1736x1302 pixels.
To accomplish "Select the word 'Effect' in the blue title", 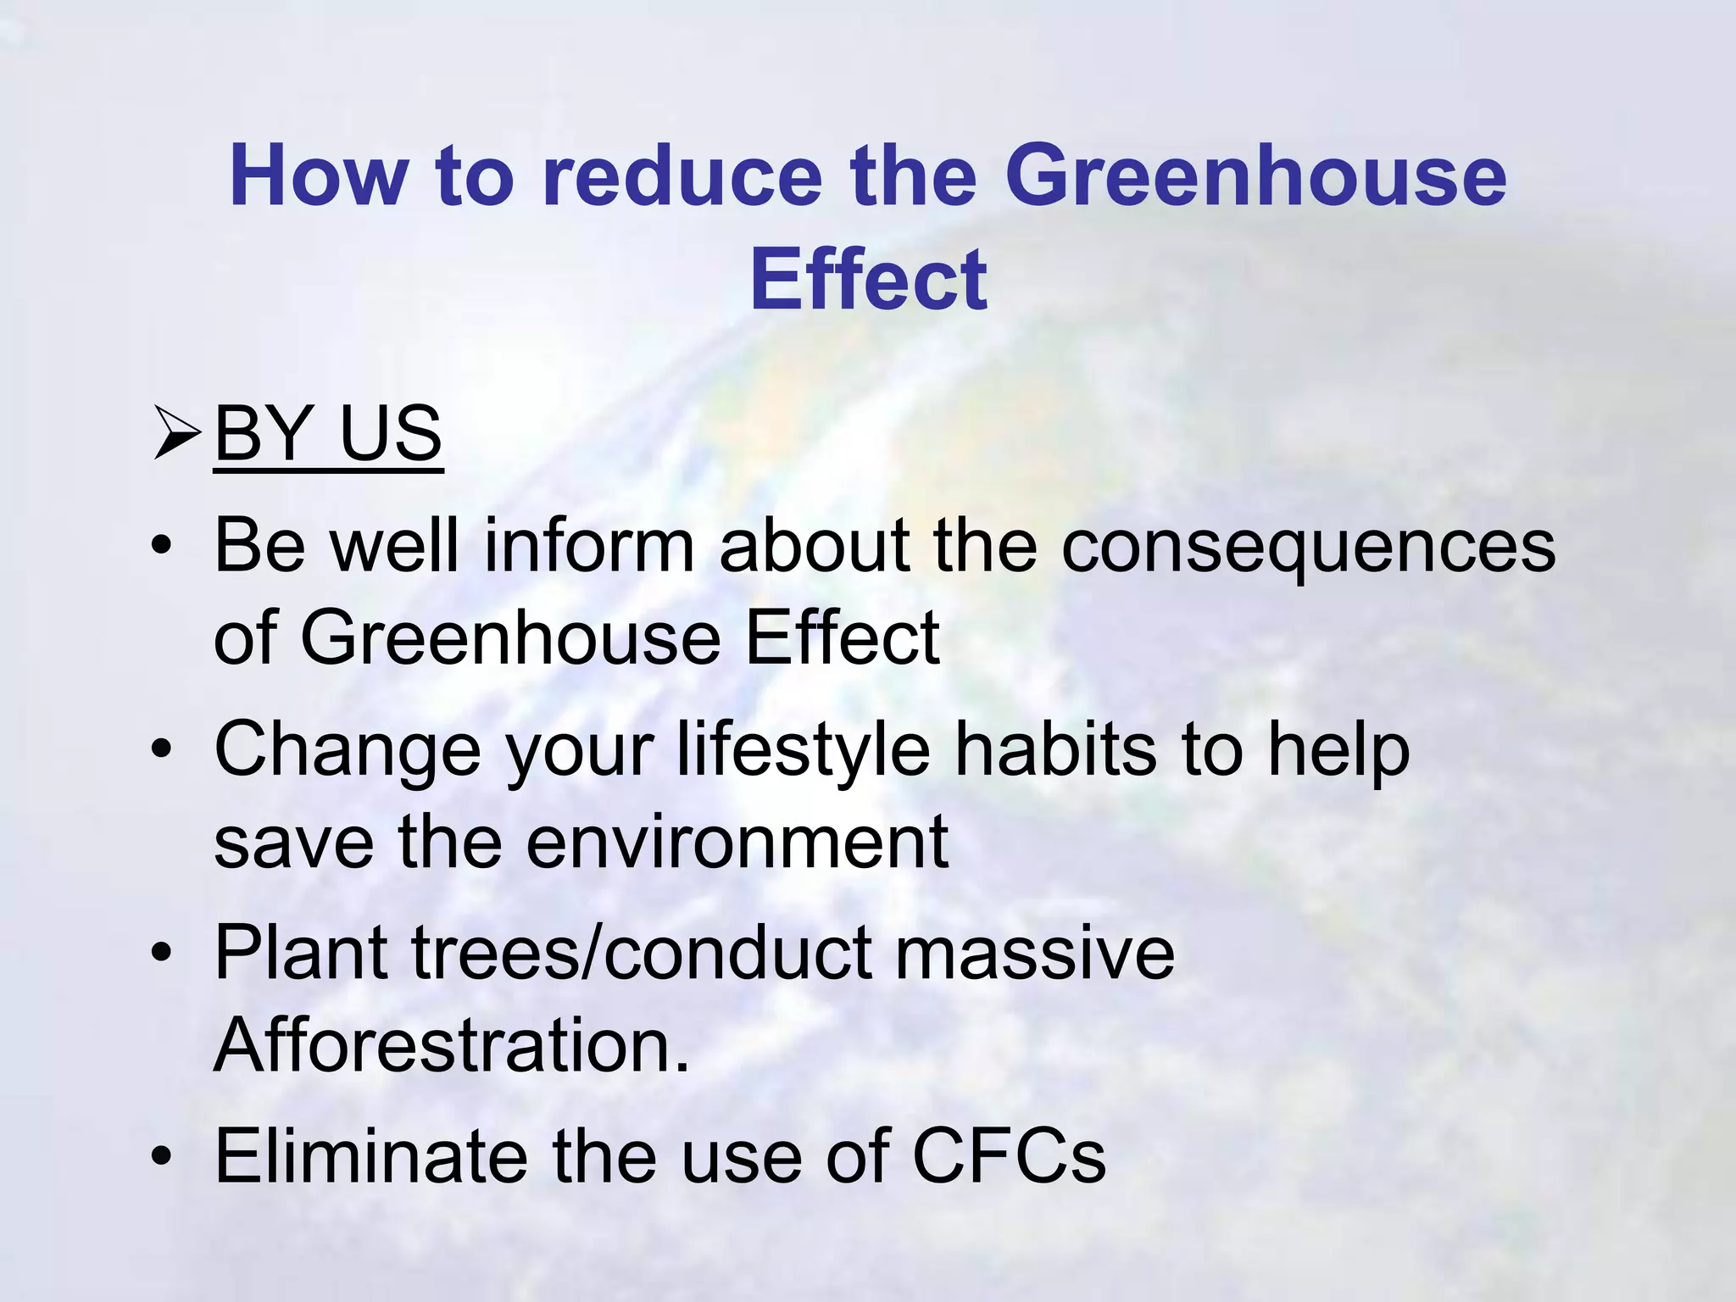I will [x=868, y=280].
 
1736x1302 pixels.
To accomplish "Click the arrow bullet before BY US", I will [x=176, y=433].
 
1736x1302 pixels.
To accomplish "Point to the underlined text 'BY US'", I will [x=329, y=433].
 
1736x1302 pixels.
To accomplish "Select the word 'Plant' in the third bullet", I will [x=301, y=953].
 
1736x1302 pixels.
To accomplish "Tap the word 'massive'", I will [x=1035, y=953].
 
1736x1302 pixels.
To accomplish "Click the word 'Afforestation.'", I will [x=452, y=1045].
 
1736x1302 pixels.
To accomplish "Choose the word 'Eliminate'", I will [x=370, y=1155].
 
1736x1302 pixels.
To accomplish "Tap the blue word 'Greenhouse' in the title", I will [x=1255, y=176].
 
